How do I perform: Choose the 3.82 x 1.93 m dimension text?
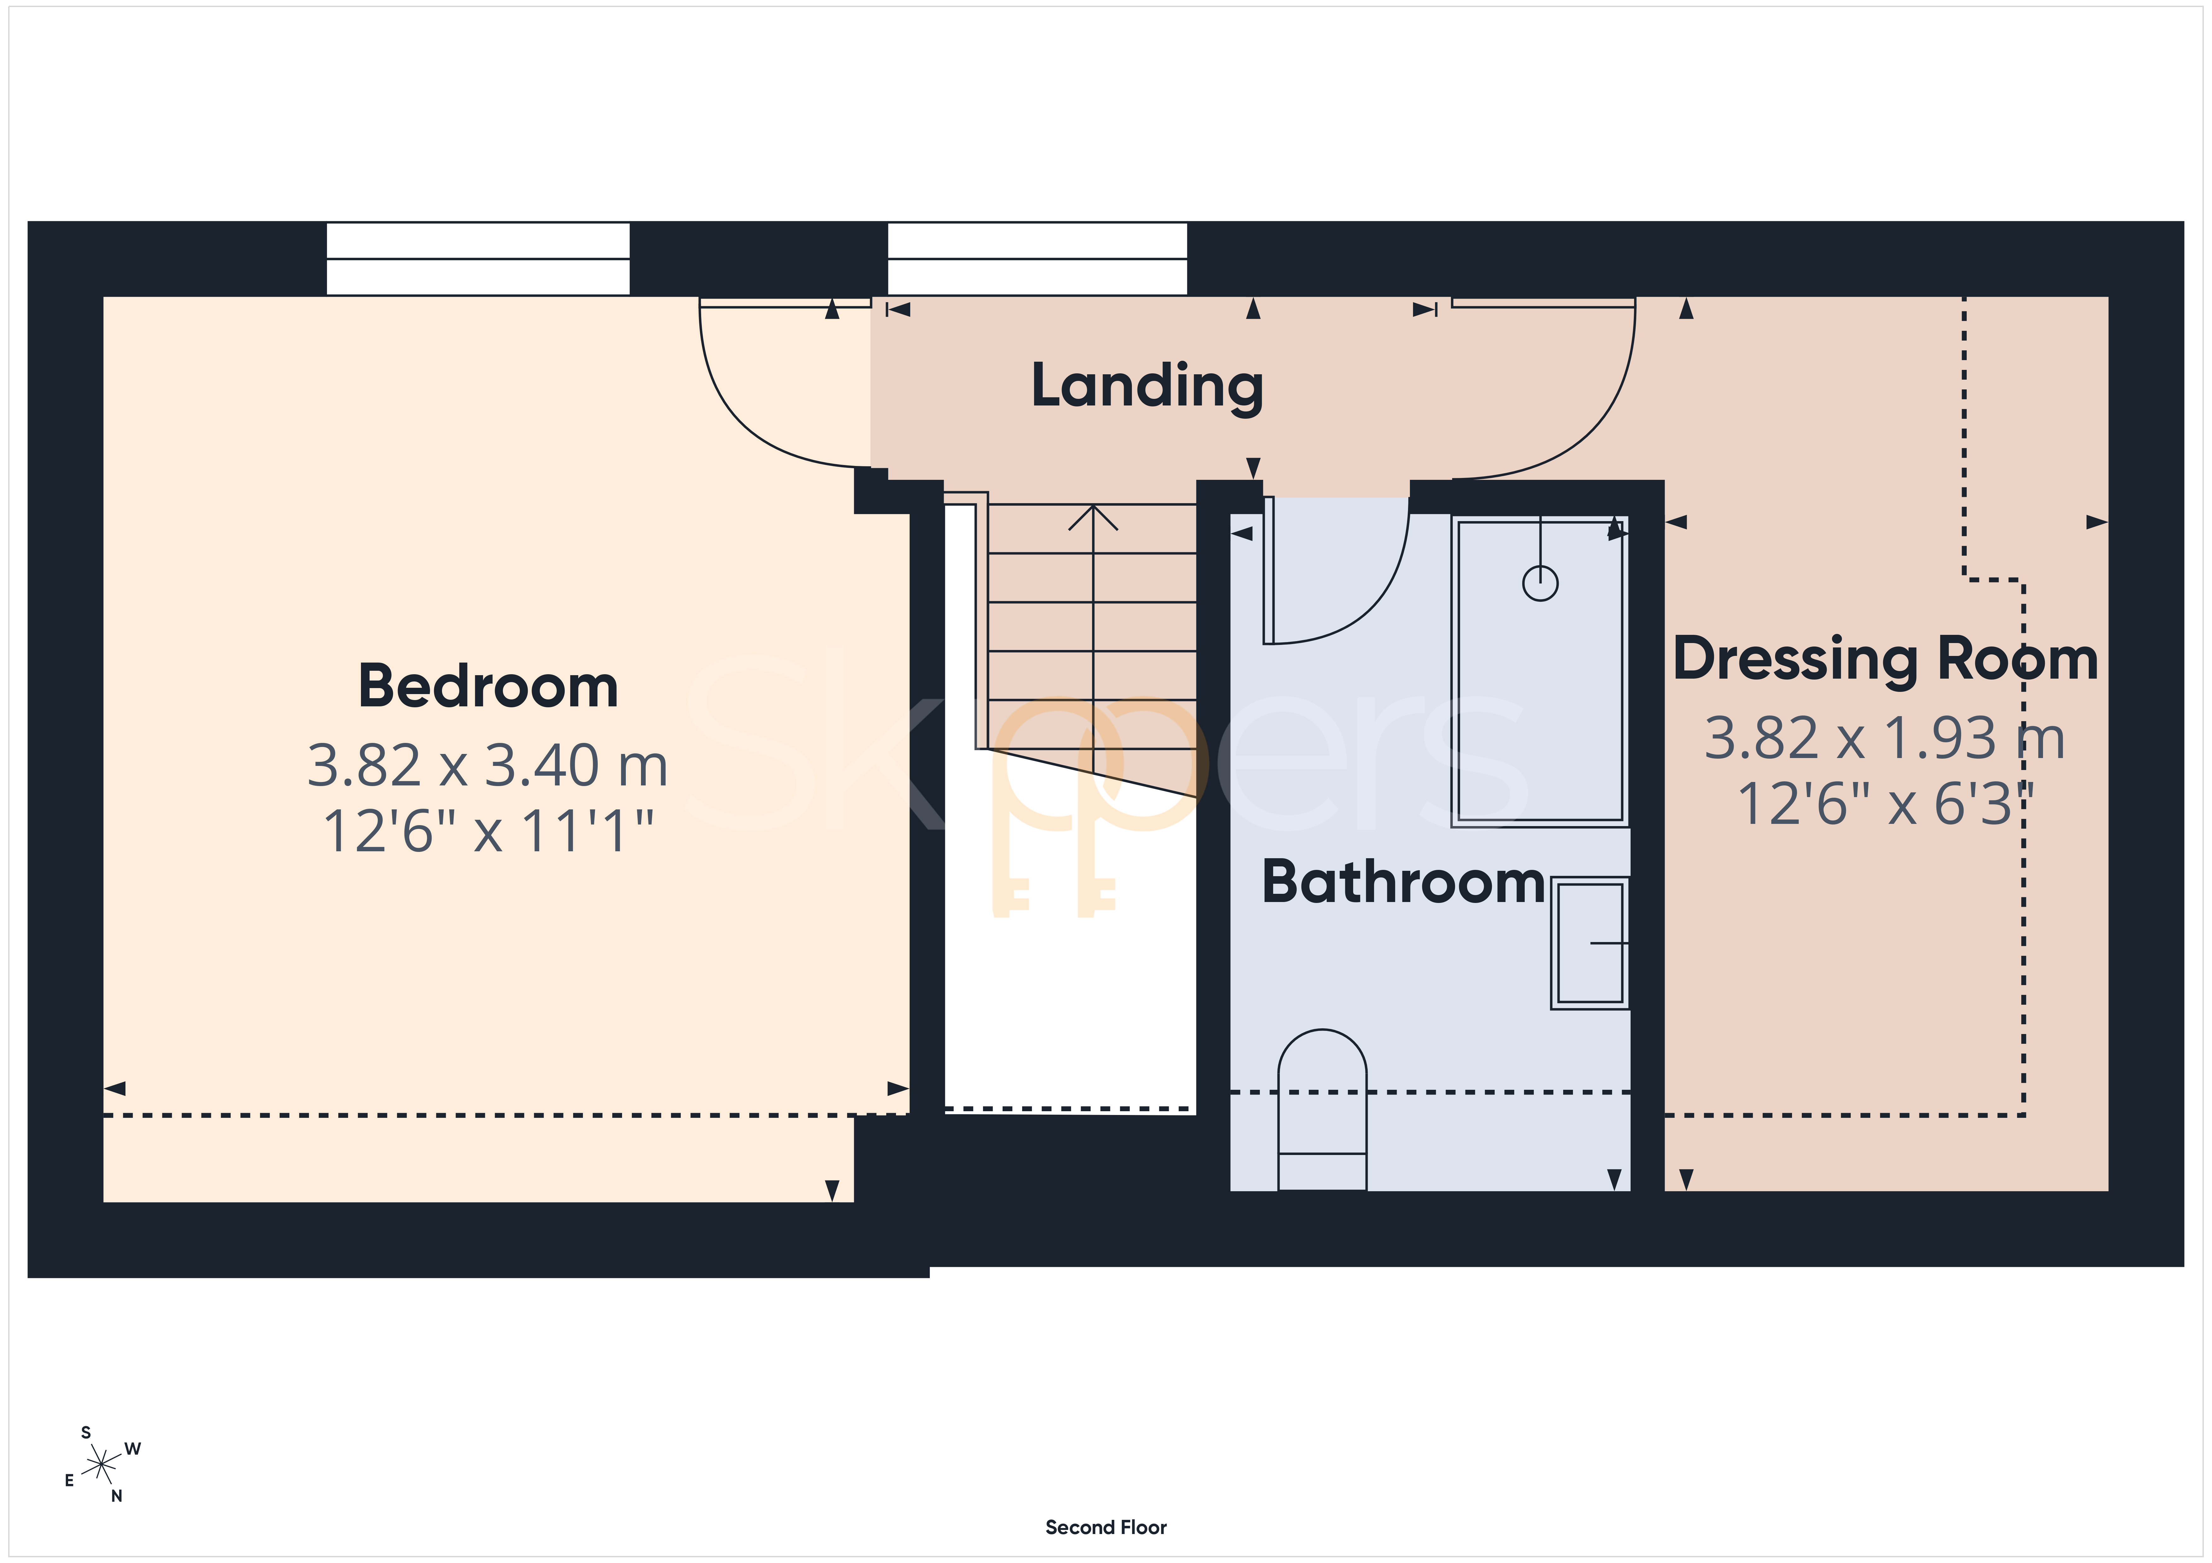1885,738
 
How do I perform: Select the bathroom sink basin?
1590,943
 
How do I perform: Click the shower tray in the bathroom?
1540,671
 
